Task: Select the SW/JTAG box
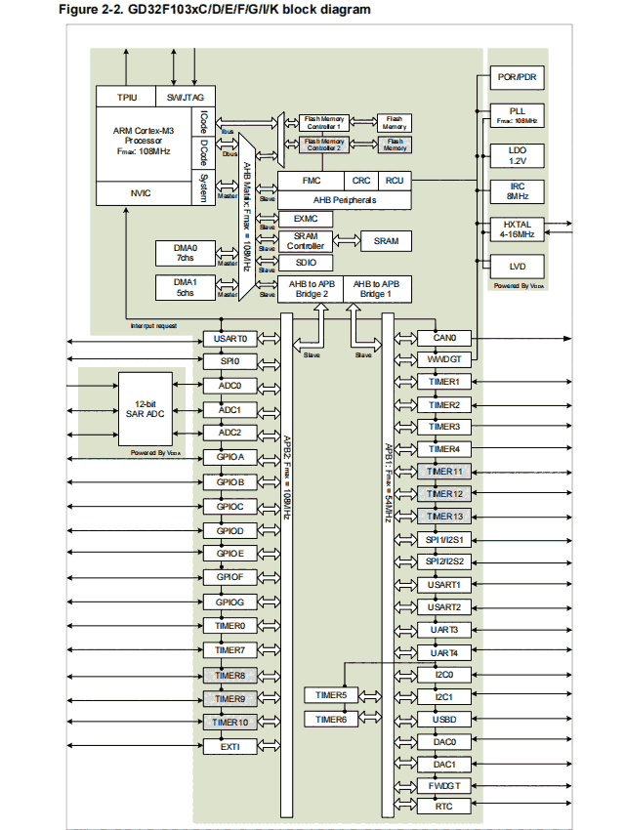click(185, 98)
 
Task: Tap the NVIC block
click(141, 193)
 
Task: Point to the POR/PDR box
click(517, 77)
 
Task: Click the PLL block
click(517, 115)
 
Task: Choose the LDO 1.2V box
click(517, 155)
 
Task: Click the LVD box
click(517, 267)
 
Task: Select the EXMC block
click(306, 219)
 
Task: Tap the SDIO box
click(306, 263)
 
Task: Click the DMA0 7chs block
click(186, 253)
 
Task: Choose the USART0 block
click(229, 339)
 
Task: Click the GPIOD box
click(229, 530)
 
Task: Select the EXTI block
click(229, 746)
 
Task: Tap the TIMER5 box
click(331, 695)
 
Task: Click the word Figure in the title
click(82, 10)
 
